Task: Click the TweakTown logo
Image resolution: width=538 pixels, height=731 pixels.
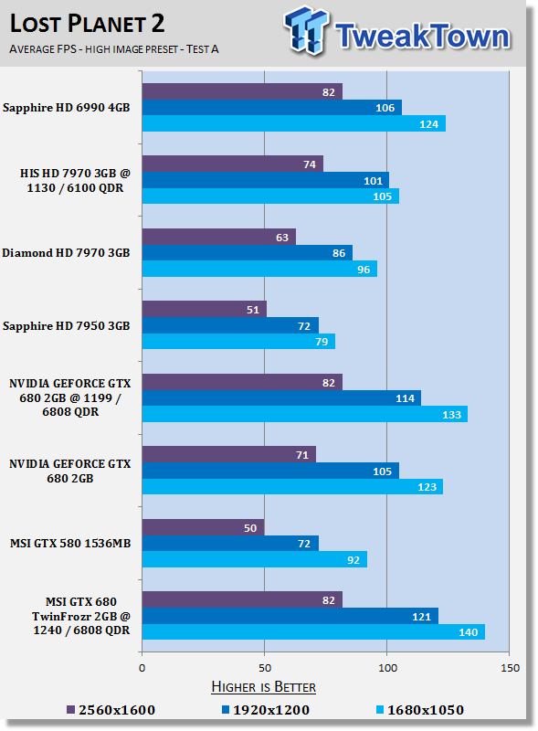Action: [397, 31]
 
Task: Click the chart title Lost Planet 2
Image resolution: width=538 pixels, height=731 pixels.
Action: [87, 24]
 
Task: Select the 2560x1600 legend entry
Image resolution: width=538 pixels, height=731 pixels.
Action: [111, 710]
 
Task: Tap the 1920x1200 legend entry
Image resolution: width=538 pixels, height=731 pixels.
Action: [265, 710]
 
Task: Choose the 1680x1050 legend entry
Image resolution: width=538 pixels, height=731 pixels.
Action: [420, 710]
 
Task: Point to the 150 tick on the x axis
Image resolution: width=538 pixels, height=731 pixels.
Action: [510, 668]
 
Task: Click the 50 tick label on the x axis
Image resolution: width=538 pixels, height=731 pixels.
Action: [265, 668]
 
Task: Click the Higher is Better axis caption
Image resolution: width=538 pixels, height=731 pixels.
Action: [263, 687]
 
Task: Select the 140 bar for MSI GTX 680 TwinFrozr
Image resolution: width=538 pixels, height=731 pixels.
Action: [313, 631]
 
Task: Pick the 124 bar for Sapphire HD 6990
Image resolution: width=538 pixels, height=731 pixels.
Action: [294, 123]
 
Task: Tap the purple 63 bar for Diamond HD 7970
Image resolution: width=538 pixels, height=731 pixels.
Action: [219, 237]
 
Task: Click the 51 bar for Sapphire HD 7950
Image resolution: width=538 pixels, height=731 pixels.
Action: [205, 309]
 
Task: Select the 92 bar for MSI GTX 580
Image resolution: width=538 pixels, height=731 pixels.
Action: [255, 559]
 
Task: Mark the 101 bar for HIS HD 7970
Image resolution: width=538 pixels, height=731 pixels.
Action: [266, 180]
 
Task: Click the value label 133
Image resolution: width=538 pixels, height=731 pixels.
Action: [451, 415]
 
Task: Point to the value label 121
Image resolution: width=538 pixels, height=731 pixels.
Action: [421, 616]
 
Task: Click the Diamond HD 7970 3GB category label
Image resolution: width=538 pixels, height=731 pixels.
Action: [66, 253]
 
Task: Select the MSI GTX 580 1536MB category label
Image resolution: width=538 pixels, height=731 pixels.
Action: [70, 543]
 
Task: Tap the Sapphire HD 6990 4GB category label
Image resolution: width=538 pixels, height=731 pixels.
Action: [66, 108]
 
